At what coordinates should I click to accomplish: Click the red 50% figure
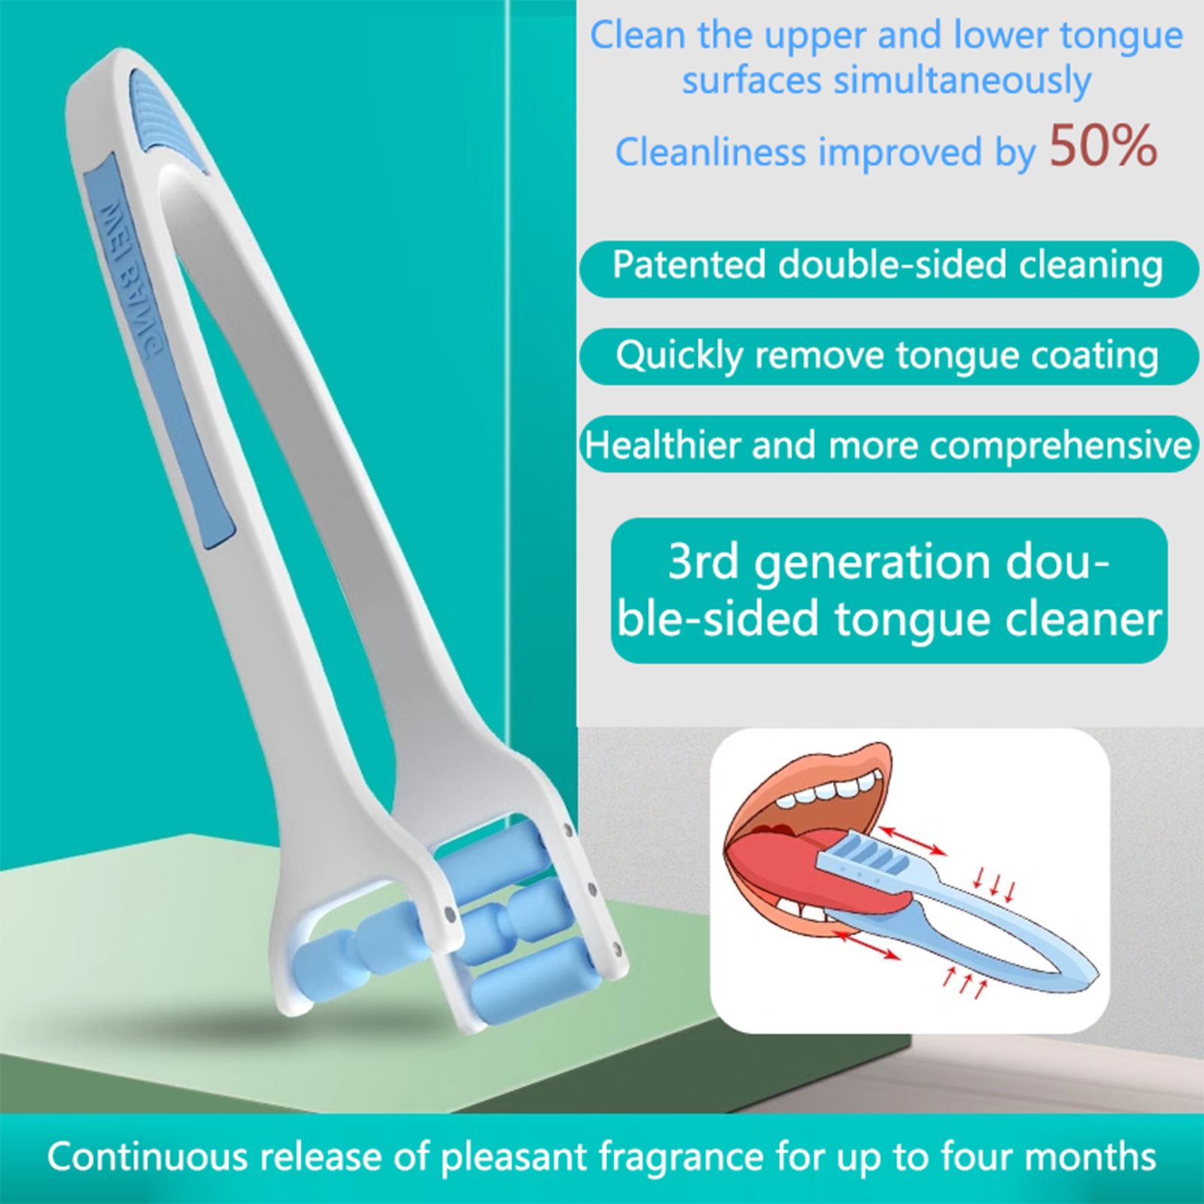1103,145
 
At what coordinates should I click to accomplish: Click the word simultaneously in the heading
886,81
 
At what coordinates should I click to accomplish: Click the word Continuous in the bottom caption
147,1157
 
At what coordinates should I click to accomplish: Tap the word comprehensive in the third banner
1060,445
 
